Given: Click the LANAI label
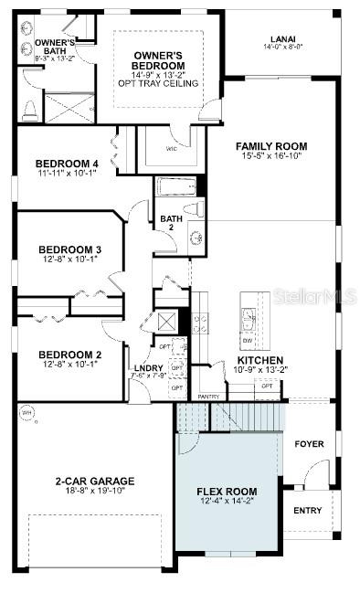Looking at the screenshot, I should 281,39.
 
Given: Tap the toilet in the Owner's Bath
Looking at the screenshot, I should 27,110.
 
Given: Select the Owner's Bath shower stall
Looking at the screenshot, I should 69,109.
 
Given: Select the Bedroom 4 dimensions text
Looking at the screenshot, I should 68,172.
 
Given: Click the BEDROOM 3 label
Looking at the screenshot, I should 69,249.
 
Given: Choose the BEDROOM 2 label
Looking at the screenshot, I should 69,355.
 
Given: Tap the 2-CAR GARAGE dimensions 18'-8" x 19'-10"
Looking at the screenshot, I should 94,491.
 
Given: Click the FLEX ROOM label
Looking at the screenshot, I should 227,492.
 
